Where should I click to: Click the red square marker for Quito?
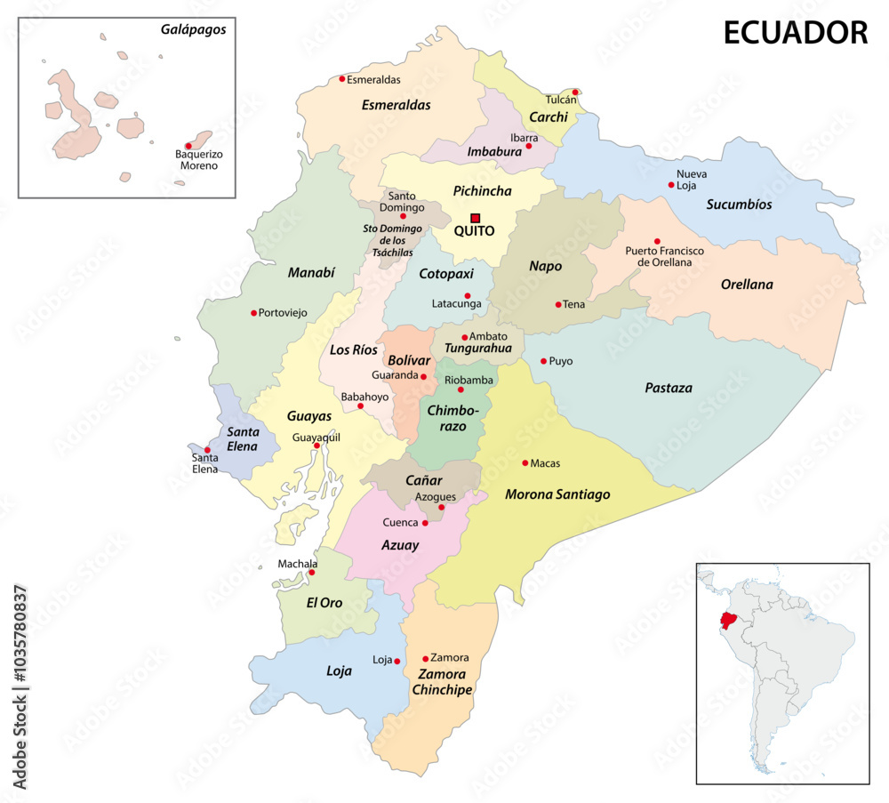pos(475,217)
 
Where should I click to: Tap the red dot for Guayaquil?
pos(316,446)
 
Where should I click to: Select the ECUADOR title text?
pos(795,33)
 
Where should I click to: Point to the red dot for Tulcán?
pos(576,92)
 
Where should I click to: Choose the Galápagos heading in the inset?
pos(194,29)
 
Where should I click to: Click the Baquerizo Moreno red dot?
pos(188,146)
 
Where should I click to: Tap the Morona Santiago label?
pos(557,494)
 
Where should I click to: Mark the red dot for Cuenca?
pos(425,523)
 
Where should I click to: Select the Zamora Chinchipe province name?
pos(442,681)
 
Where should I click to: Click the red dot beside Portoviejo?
pos(253,313)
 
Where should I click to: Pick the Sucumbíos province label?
pos(739,205)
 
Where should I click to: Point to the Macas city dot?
pos(525,462)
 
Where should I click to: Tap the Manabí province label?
pos(311,273)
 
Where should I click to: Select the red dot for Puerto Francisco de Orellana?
pos(657,241)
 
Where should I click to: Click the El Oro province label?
pos(324,602)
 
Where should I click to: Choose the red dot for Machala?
pos(311,573)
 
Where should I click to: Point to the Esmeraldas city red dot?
pos(342,79)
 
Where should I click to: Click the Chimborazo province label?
pos(453,418)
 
